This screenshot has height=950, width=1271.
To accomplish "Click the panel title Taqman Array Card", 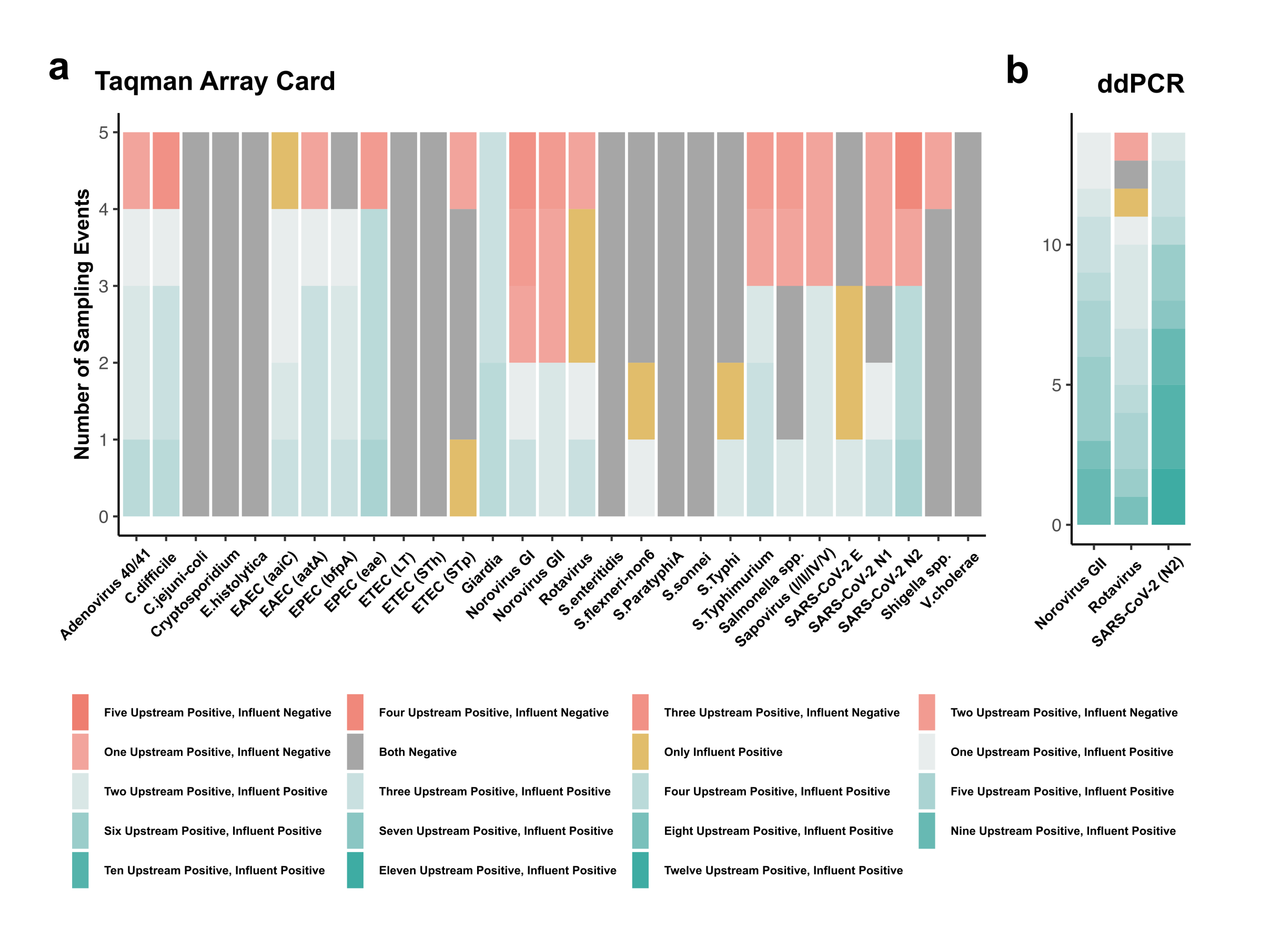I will click(x=215, y=81).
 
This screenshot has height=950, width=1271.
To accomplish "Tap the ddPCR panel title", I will click(x=1140, y=84).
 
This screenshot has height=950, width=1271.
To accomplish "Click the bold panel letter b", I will click(x=1016, y=70).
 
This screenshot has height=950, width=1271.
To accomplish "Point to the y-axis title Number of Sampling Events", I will click(x=82, y=324).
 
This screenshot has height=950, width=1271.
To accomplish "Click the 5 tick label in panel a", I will click(x=104, y=133).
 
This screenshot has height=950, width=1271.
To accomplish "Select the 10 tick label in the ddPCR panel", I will click(x=1052, y=245).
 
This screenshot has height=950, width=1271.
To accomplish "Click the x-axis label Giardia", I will click(x=482, y=573).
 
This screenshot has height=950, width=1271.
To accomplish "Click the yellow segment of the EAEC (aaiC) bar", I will click(x=285, y=171).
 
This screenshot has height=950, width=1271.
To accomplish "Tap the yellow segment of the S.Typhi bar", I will click(x=730, y=401).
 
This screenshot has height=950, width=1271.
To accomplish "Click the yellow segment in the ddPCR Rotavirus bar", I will click(x=1131, y=202).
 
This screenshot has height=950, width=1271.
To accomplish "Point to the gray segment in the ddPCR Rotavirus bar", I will click(x=1131, y=174).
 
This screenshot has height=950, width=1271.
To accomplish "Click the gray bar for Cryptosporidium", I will click(x=225, y=324).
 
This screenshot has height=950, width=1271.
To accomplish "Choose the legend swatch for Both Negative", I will click(x=355, y=752).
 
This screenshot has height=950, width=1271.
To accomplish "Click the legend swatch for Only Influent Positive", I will click(x=640, y=752).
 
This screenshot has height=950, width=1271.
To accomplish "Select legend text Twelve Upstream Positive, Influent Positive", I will click(x=783, y=870).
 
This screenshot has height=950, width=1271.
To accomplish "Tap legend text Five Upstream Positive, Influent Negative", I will click(x=217, y=713).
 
